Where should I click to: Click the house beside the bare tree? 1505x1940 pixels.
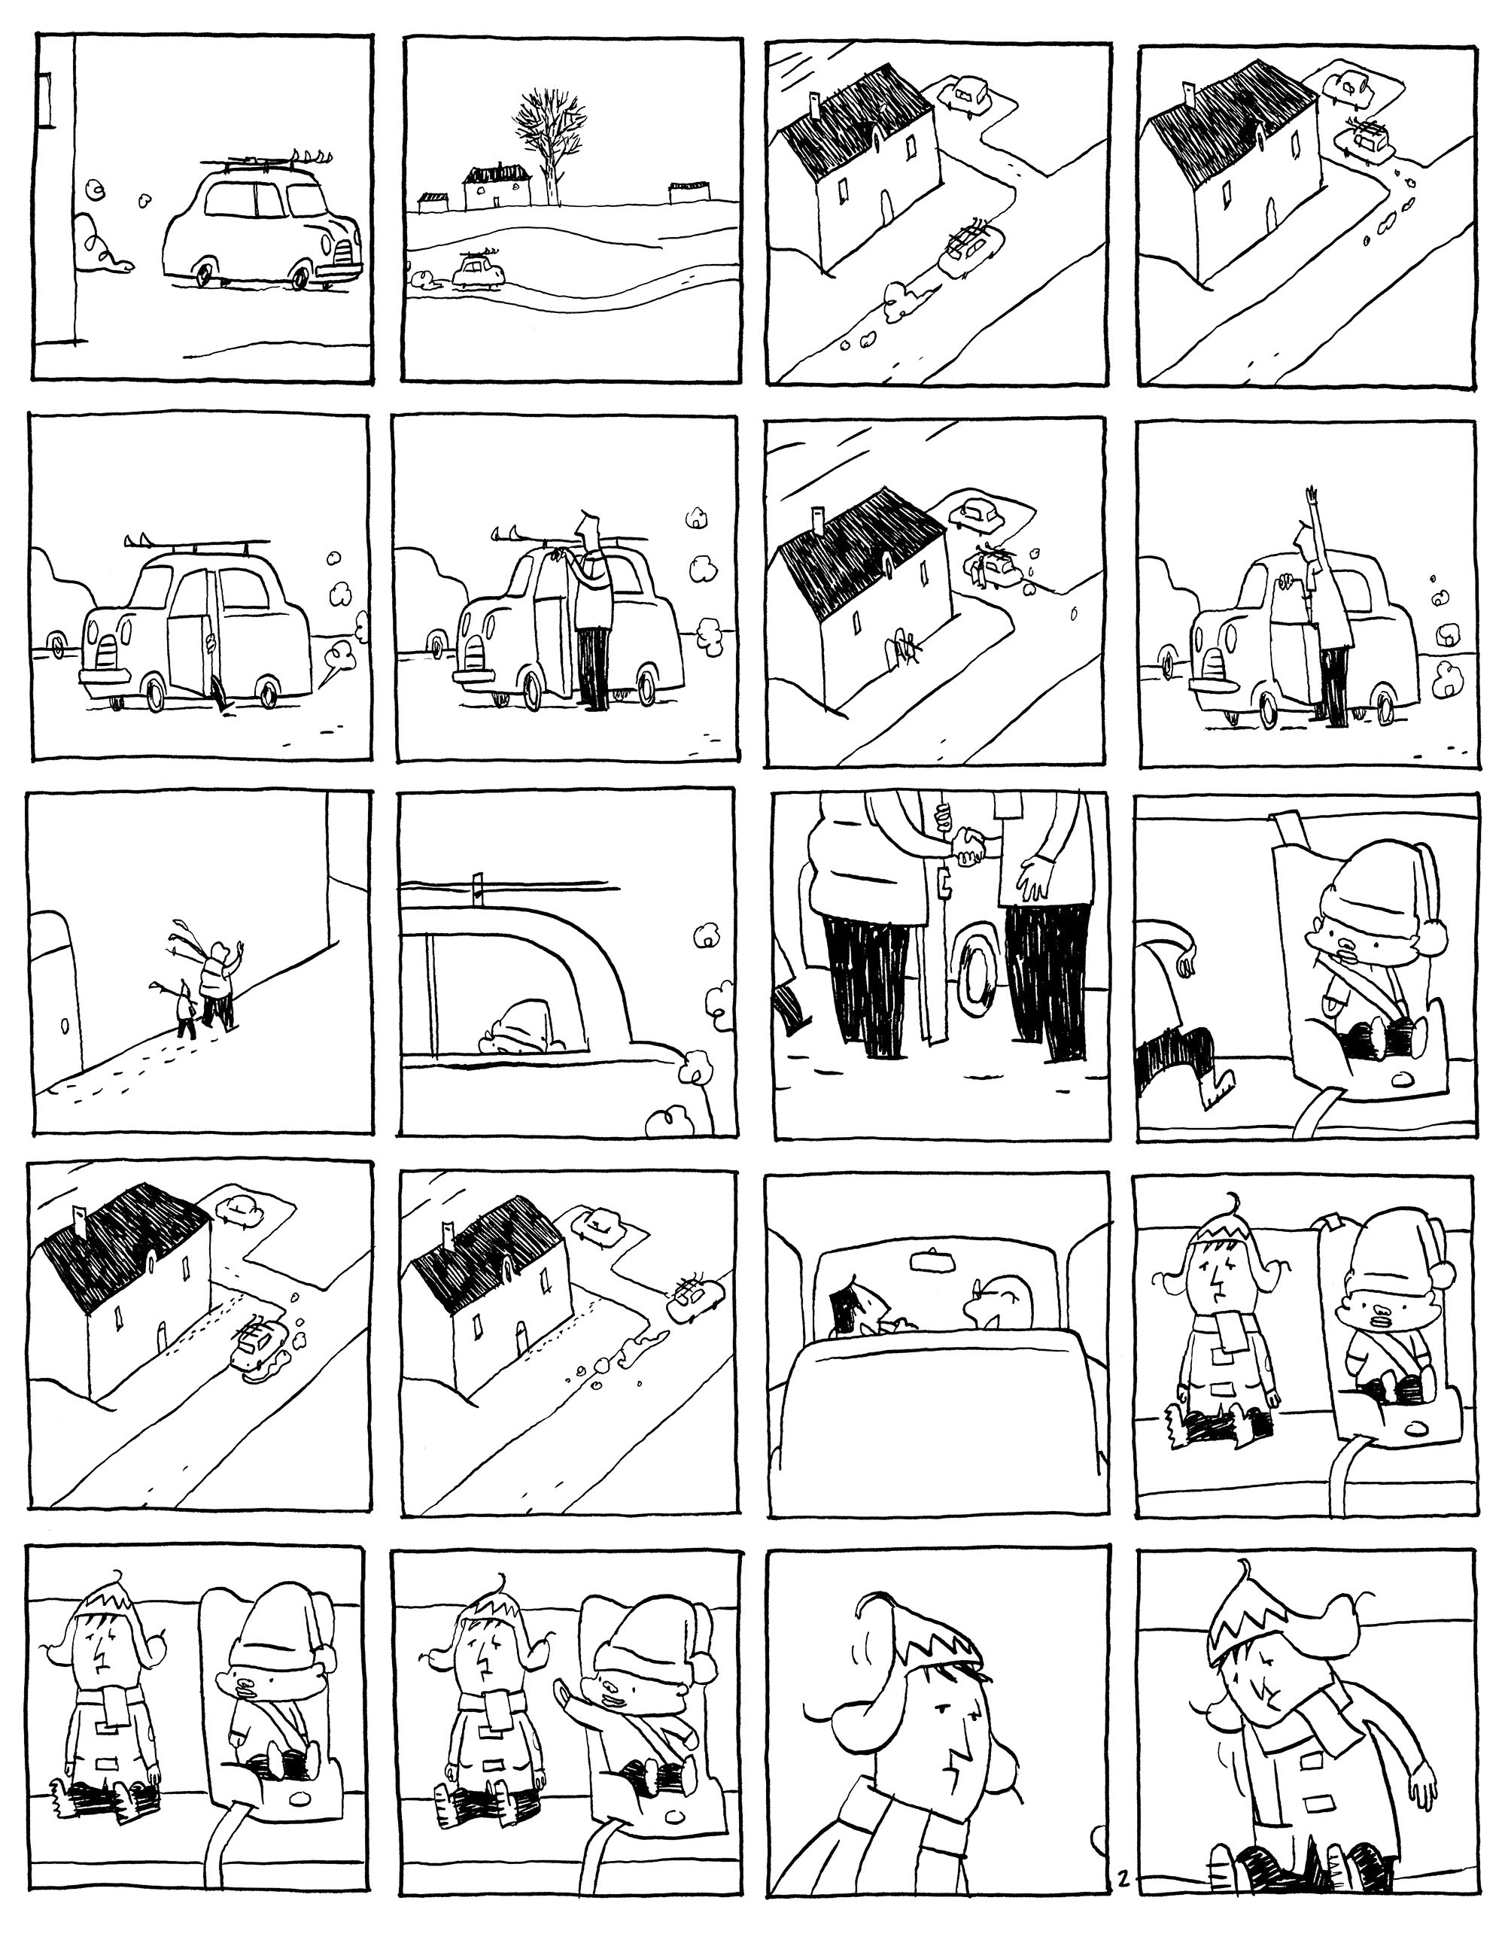coord(497,186)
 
